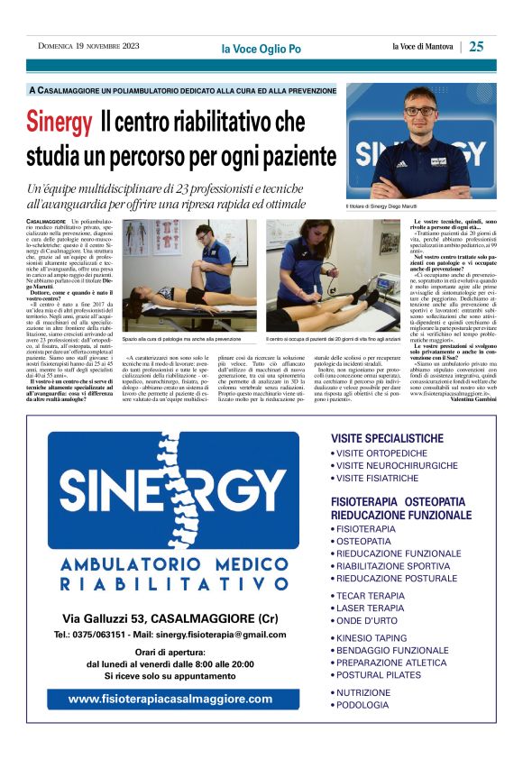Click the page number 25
(477, 46)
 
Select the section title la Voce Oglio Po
(261, 48)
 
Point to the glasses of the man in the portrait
(420, 111)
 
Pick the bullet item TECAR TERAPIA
(372, 596)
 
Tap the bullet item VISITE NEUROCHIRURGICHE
(397, 466)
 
